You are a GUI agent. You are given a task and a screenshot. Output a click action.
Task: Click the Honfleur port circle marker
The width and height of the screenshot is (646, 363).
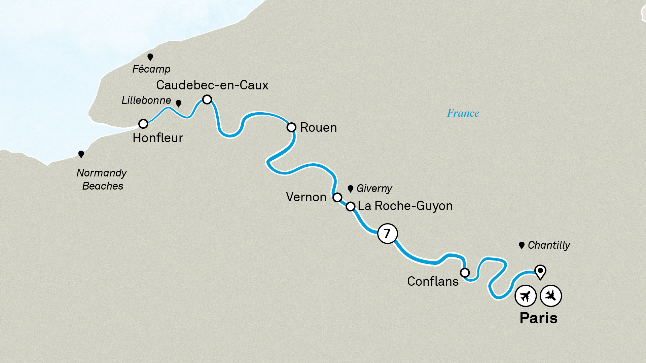(143, 124)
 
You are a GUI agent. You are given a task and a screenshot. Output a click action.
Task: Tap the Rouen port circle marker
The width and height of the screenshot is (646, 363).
(291, 127)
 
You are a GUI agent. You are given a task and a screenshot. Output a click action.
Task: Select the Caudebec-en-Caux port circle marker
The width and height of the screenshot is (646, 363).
(207, 99)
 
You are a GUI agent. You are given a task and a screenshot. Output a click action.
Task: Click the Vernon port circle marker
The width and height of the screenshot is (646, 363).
(337, 197)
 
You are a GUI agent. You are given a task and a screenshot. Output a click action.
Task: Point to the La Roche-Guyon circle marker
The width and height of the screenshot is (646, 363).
(351, 206)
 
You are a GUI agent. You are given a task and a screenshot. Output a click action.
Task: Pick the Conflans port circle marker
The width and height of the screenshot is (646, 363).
(465, 273)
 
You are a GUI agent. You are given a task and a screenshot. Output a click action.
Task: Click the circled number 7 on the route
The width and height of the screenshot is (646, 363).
(387, 234)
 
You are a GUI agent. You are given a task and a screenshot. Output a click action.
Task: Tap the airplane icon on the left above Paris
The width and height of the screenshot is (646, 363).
(525, 296)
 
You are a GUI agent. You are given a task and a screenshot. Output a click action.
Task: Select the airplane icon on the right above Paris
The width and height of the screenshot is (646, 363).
(551, 296)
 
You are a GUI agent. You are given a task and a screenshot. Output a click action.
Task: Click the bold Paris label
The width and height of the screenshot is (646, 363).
(538, 318)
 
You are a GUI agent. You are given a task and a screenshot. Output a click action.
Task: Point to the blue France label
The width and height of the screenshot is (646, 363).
(463, 113)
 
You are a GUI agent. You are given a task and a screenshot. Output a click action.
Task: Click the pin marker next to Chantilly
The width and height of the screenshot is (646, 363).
(522, 245)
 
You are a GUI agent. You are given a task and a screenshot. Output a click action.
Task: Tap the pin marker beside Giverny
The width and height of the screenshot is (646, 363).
(350, 189)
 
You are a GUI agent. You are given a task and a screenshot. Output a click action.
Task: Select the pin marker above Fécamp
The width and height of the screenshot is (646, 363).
(150, 57)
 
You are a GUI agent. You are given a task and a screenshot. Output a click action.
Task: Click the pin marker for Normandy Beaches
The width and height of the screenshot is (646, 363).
(81, 154)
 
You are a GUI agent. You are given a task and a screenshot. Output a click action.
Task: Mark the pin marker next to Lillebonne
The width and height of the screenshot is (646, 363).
(179, 103)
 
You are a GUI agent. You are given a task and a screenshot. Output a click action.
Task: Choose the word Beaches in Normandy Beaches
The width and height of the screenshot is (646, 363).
(103, 186)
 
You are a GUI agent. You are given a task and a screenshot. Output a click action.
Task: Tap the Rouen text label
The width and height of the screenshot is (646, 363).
(318, 128)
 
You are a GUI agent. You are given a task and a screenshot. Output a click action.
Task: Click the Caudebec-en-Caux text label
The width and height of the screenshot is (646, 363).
(212, 85)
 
